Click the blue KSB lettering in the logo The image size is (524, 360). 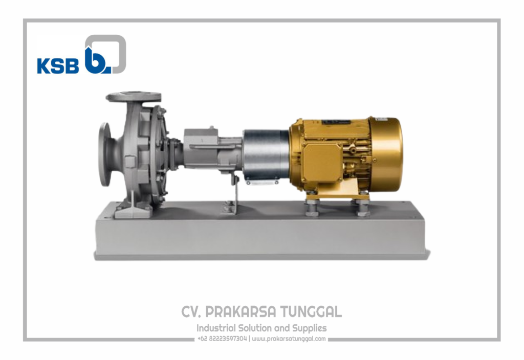point(58,66)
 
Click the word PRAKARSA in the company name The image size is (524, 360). point(241,312)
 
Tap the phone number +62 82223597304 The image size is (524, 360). point(222,339)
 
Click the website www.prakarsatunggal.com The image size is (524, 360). point(289,339)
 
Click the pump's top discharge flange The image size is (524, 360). point(134,97)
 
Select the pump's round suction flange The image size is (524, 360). point(104,154)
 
